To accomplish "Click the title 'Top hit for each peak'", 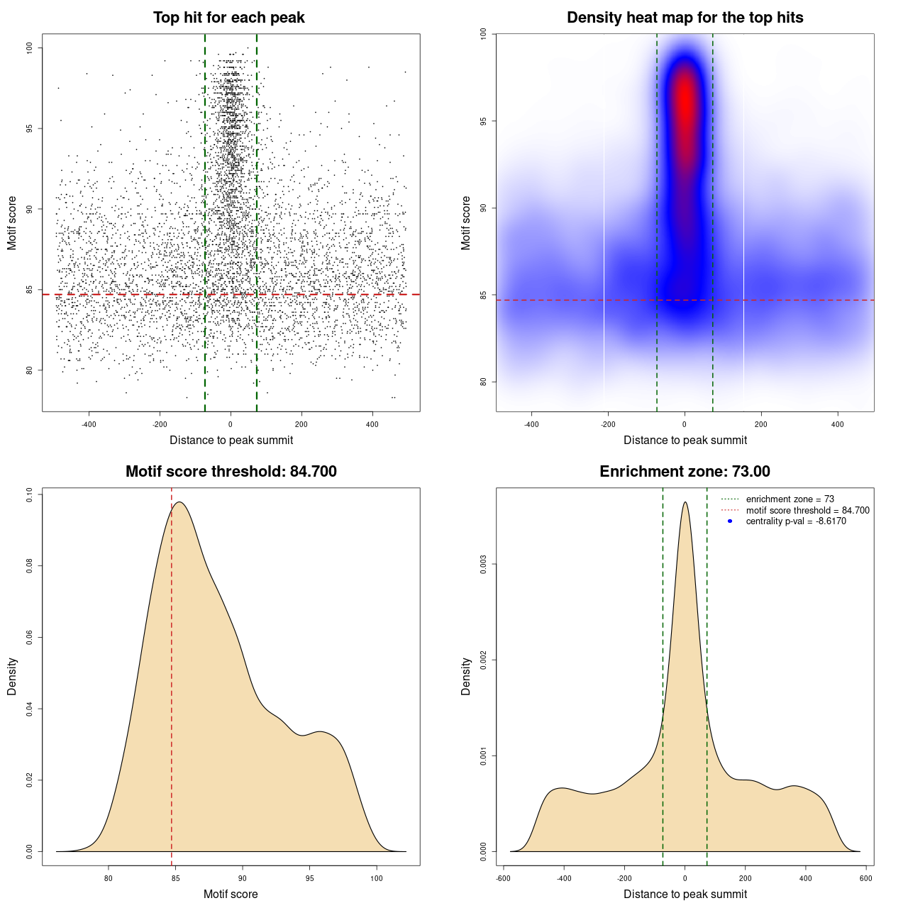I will (229, 18).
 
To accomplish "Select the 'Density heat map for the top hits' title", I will (685, 18).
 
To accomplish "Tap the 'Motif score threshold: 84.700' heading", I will (231, 472).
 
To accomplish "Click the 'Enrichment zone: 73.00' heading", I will (685, 472).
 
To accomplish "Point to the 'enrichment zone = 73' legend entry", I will (790, 499).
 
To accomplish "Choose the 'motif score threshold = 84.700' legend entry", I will (807, 511).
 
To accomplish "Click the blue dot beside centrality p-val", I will (730, 521).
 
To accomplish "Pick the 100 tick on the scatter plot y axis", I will (30, 48).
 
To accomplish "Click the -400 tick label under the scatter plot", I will (89, 425).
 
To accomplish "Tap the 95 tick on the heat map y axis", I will (484, 121).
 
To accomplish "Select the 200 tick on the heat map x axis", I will (761, 425).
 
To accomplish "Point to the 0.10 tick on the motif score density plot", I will (30, 494).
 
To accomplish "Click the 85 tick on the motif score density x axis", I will (176, 878).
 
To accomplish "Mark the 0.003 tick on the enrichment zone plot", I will (484, 565).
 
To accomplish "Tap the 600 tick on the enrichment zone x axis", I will (866, 878).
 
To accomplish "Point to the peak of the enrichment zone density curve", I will (685, 502).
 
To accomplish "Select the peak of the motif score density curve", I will (180, 502).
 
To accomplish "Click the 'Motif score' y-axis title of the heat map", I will (466, 223).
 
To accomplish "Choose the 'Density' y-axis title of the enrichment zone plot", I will (466, 676).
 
